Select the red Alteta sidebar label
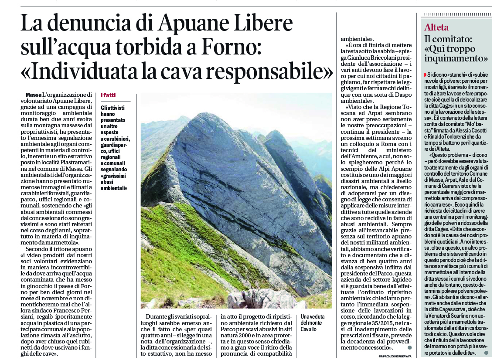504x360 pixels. click(x=436, y=27)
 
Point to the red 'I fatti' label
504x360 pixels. click(x=108, y=95)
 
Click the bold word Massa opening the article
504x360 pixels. click(x=34, y=95)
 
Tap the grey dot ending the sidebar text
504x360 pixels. click(x=487, y=352)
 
